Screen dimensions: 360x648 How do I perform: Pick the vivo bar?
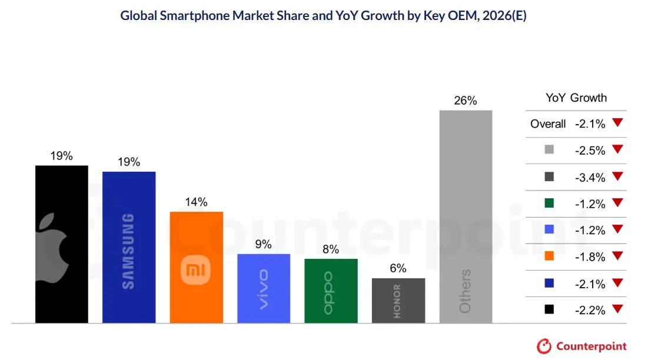pos(264,288)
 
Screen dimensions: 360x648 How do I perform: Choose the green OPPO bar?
pos(331,291)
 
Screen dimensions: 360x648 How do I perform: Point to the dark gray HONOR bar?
pos(398,300)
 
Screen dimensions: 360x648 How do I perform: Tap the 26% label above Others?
pos(466,101)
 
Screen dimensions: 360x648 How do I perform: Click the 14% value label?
pos(196,202)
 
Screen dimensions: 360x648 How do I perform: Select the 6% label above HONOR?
pos(398,269)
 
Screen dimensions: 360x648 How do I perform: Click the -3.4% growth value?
pos(590,177)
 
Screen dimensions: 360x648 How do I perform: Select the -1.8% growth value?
pos(590,257)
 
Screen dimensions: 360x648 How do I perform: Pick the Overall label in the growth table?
pos(548,124)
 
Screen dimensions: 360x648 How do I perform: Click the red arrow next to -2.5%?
pos(617,149)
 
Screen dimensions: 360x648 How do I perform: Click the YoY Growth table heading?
pos(576,98)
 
